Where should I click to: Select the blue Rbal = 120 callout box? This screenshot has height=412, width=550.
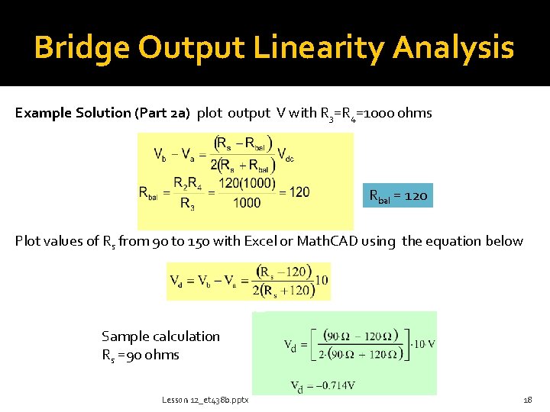(399, 196)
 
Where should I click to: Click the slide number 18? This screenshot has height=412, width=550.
(527, 399)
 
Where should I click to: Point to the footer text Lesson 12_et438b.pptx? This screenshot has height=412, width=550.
(205, 399)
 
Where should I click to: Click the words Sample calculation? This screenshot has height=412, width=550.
(160, 336)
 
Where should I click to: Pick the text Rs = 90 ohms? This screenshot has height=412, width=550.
(141, 355)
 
